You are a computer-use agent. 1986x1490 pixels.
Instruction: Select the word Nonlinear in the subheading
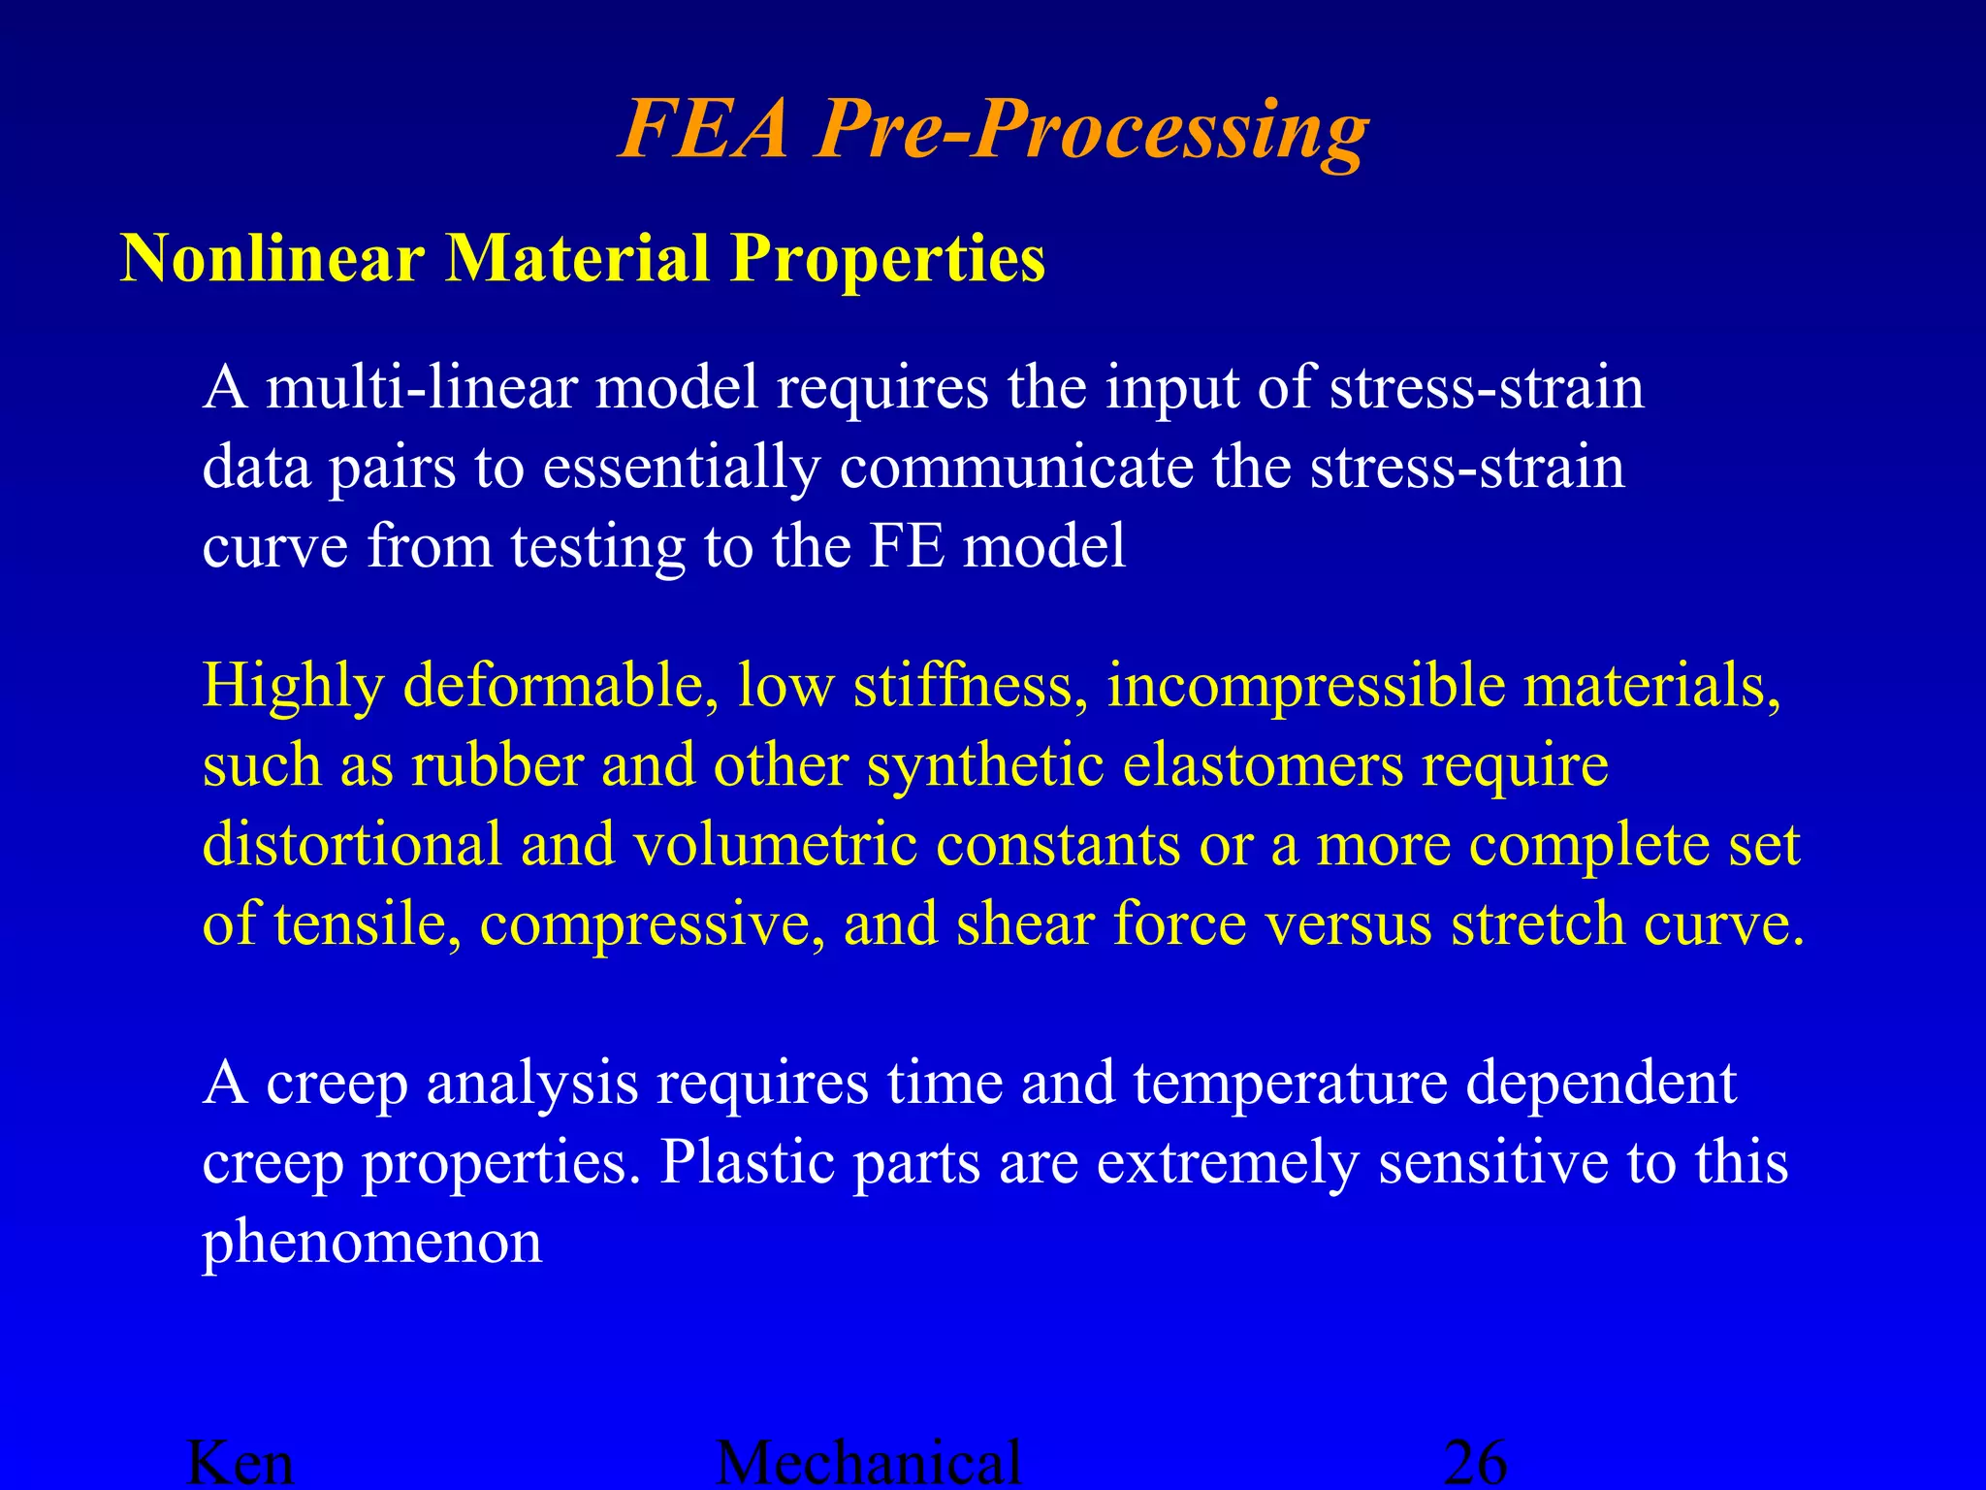[x=272, y=259]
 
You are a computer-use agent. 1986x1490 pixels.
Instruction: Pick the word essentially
[x=681, y=469]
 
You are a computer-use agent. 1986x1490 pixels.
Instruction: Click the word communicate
[x=1016, y=467]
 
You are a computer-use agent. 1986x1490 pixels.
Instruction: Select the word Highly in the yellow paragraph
[x=293, y=687]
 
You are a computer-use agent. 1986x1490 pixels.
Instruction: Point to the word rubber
[x=496, y=765]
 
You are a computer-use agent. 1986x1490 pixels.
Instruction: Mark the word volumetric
[x=776, y=845]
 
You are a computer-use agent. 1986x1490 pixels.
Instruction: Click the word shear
[x=1025, y=923]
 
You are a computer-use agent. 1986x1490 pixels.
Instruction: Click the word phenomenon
[x=371, y=1243]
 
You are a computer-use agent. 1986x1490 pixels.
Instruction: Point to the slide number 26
[x=1475, y=1462]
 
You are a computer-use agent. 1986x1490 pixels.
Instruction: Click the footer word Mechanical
[x=869, y=1462]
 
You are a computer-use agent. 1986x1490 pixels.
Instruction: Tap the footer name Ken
[x=240, y=1462]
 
